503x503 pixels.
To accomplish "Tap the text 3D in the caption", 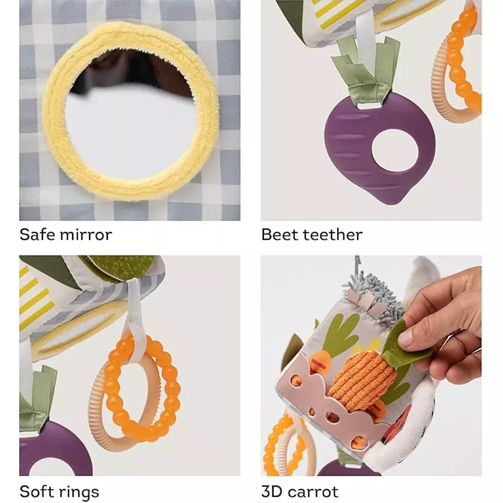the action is click(x=272, y=492).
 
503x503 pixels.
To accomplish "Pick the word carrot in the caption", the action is click(x=313, y=492).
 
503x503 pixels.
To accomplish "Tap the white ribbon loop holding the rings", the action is click(x=137, y=318).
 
